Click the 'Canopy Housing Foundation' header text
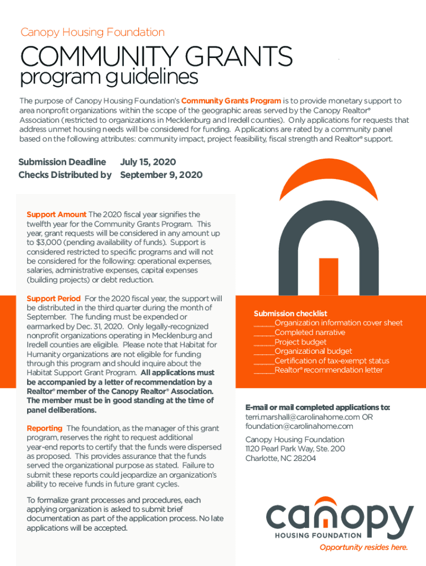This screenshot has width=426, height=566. tap(92, 33)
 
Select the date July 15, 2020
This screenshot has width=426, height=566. tap(148, 162)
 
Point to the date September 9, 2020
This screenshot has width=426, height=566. tap(161, 175)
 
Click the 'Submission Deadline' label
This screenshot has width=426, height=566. tap(62, 162)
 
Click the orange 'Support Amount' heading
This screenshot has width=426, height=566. tap(56, 214)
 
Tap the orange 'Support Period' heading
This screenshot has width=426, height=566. tap(54, 298)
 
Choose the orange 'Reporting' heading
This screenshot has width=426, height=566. tap(44, 428)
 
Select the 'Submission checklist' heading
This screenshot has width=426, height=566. tap(290, 313)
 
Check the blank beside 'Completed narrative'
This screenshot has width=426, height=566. tap(264, 333)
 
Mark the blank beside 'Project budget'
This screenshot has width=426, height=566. tap(264, 342)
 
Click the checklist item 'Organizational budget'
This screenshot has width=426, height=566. tap(313, 352)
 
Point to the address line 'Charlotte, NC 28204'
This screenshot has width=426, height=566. tap(280, 458)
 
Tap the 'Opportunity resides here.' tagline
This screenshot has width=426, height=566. tap(363, 548)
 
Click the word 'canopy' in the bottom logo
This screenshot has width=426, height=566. tap(340, 516)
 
